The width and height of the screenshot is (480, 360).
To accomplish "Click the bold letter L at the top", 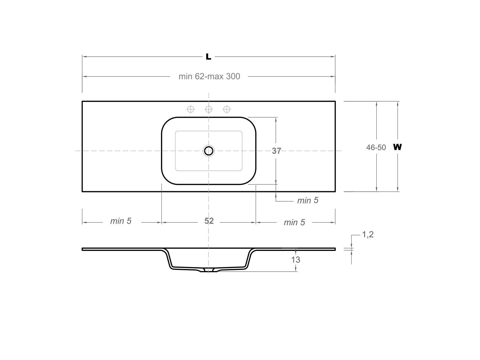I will tap(208, 57).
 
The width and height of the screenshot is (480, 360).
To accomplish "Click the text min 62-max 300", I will tap(209, 76).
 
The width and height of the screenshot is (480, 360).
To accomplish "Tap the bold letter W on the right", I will tap(397, 147).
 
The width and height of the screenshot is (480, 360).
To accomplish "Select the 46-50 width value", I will tap(376, 147).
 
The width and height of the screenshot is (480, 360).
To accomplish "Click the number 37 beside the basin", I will tap(276, 151).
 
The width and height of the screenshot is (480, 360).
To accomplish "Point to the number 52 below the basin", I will tap(209, 221).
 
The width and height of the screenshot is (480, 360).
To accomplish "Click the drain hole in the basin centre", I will tap(209, 151).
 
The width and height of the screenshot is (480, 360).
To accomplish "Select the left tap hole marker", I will tap(191, 109).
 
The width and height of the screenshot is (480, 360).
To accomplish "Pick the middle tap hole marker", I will tap(209, 109).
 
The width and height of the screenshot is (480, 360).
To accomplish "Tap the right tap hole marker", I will tap(227, 109).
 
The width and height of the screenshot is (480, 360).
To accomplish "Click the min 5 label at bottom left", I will tap(121, 221).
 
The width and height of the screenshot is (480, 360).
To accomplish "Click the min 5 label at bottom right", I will tap(294, 222).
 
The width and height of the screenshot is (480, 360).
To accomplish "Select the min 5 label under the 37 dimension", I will tap(308, 200).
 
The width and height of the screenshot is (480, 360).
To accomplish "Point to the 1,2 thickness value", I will tap(368, 234).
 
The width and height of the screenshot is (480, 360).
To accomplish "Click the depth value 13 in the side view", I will tap(295, 260).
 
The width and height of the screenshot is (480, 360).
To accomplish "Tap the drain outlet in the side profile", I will tap(208, 270).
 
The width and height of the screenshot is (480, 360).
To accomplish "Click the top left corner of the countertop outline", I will tap(82, 101).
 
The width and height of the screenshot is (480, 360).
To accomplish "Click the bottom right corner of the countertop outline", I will tap(335, 191).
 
